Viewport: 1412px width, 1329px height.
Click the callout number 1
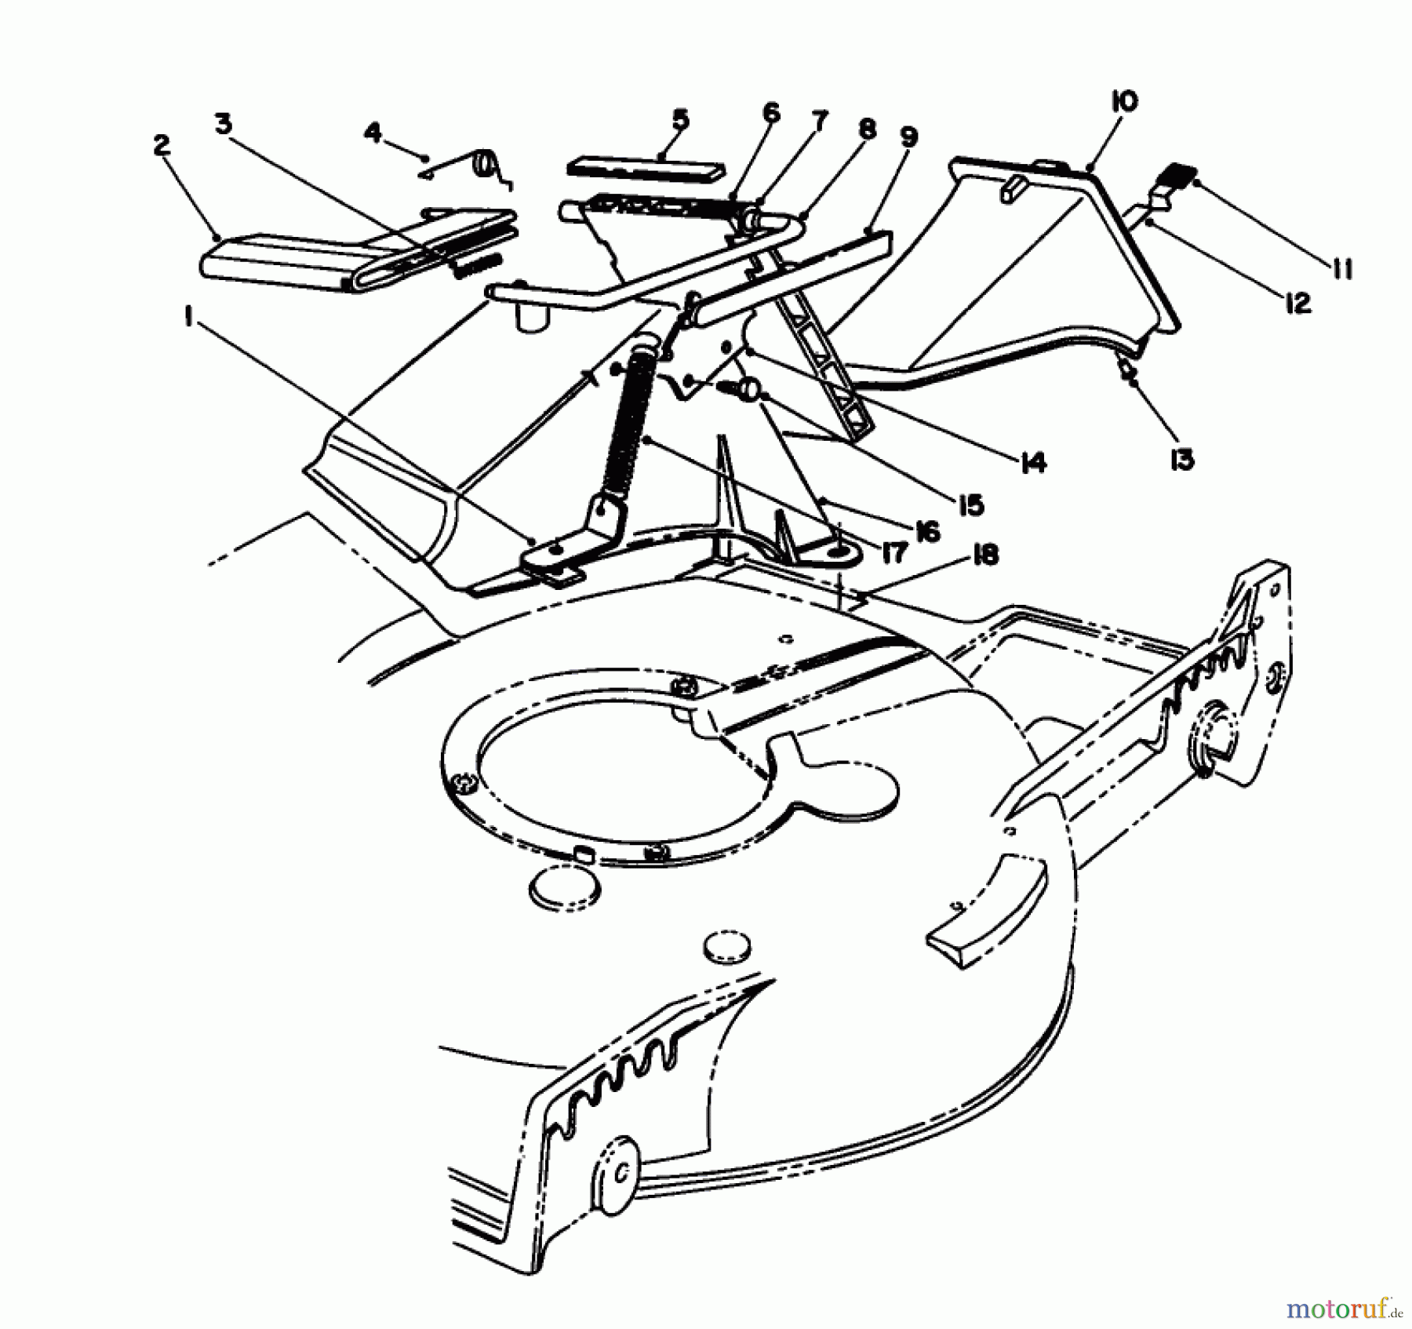(188, 315)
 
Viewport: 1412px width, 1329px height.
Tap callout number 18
(985, 555)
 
